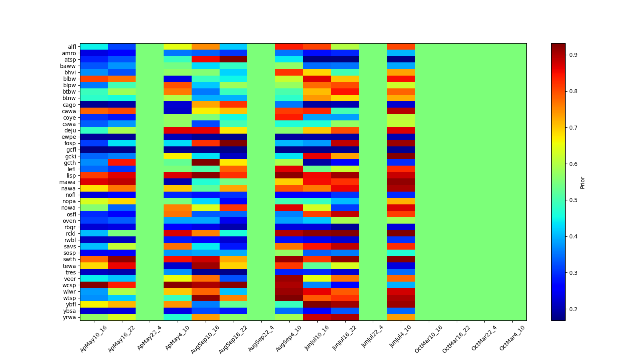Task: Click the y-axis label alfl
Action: pyautogui.click(x=71, y=47)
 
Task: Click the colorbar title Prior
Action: pyautogui.click(x=582, y=182)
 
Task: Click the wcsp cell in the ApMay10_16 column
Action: pyautogui.click(x=94, y=285)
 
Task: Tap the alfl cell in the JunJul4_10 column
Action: pyautogui.click(x=401, y=47)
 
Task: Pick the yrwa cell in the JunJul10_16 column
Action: pyautogui.click(x=317, y=317)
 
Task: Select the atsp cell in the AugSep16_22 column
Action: pyautogui.click(x=233, y=60)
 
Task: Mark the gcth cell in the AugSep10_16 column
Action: pyautogui.click(x=206, y=163)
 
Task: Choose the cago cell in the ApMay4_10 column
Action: pyautogui.click(x=178, y=105)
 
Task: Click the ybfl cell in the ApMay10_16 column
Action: pyautogui.click(x=94, y=304)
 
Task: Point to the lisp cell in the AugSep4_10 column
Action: pyautogui.click(x=289, y=176)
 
